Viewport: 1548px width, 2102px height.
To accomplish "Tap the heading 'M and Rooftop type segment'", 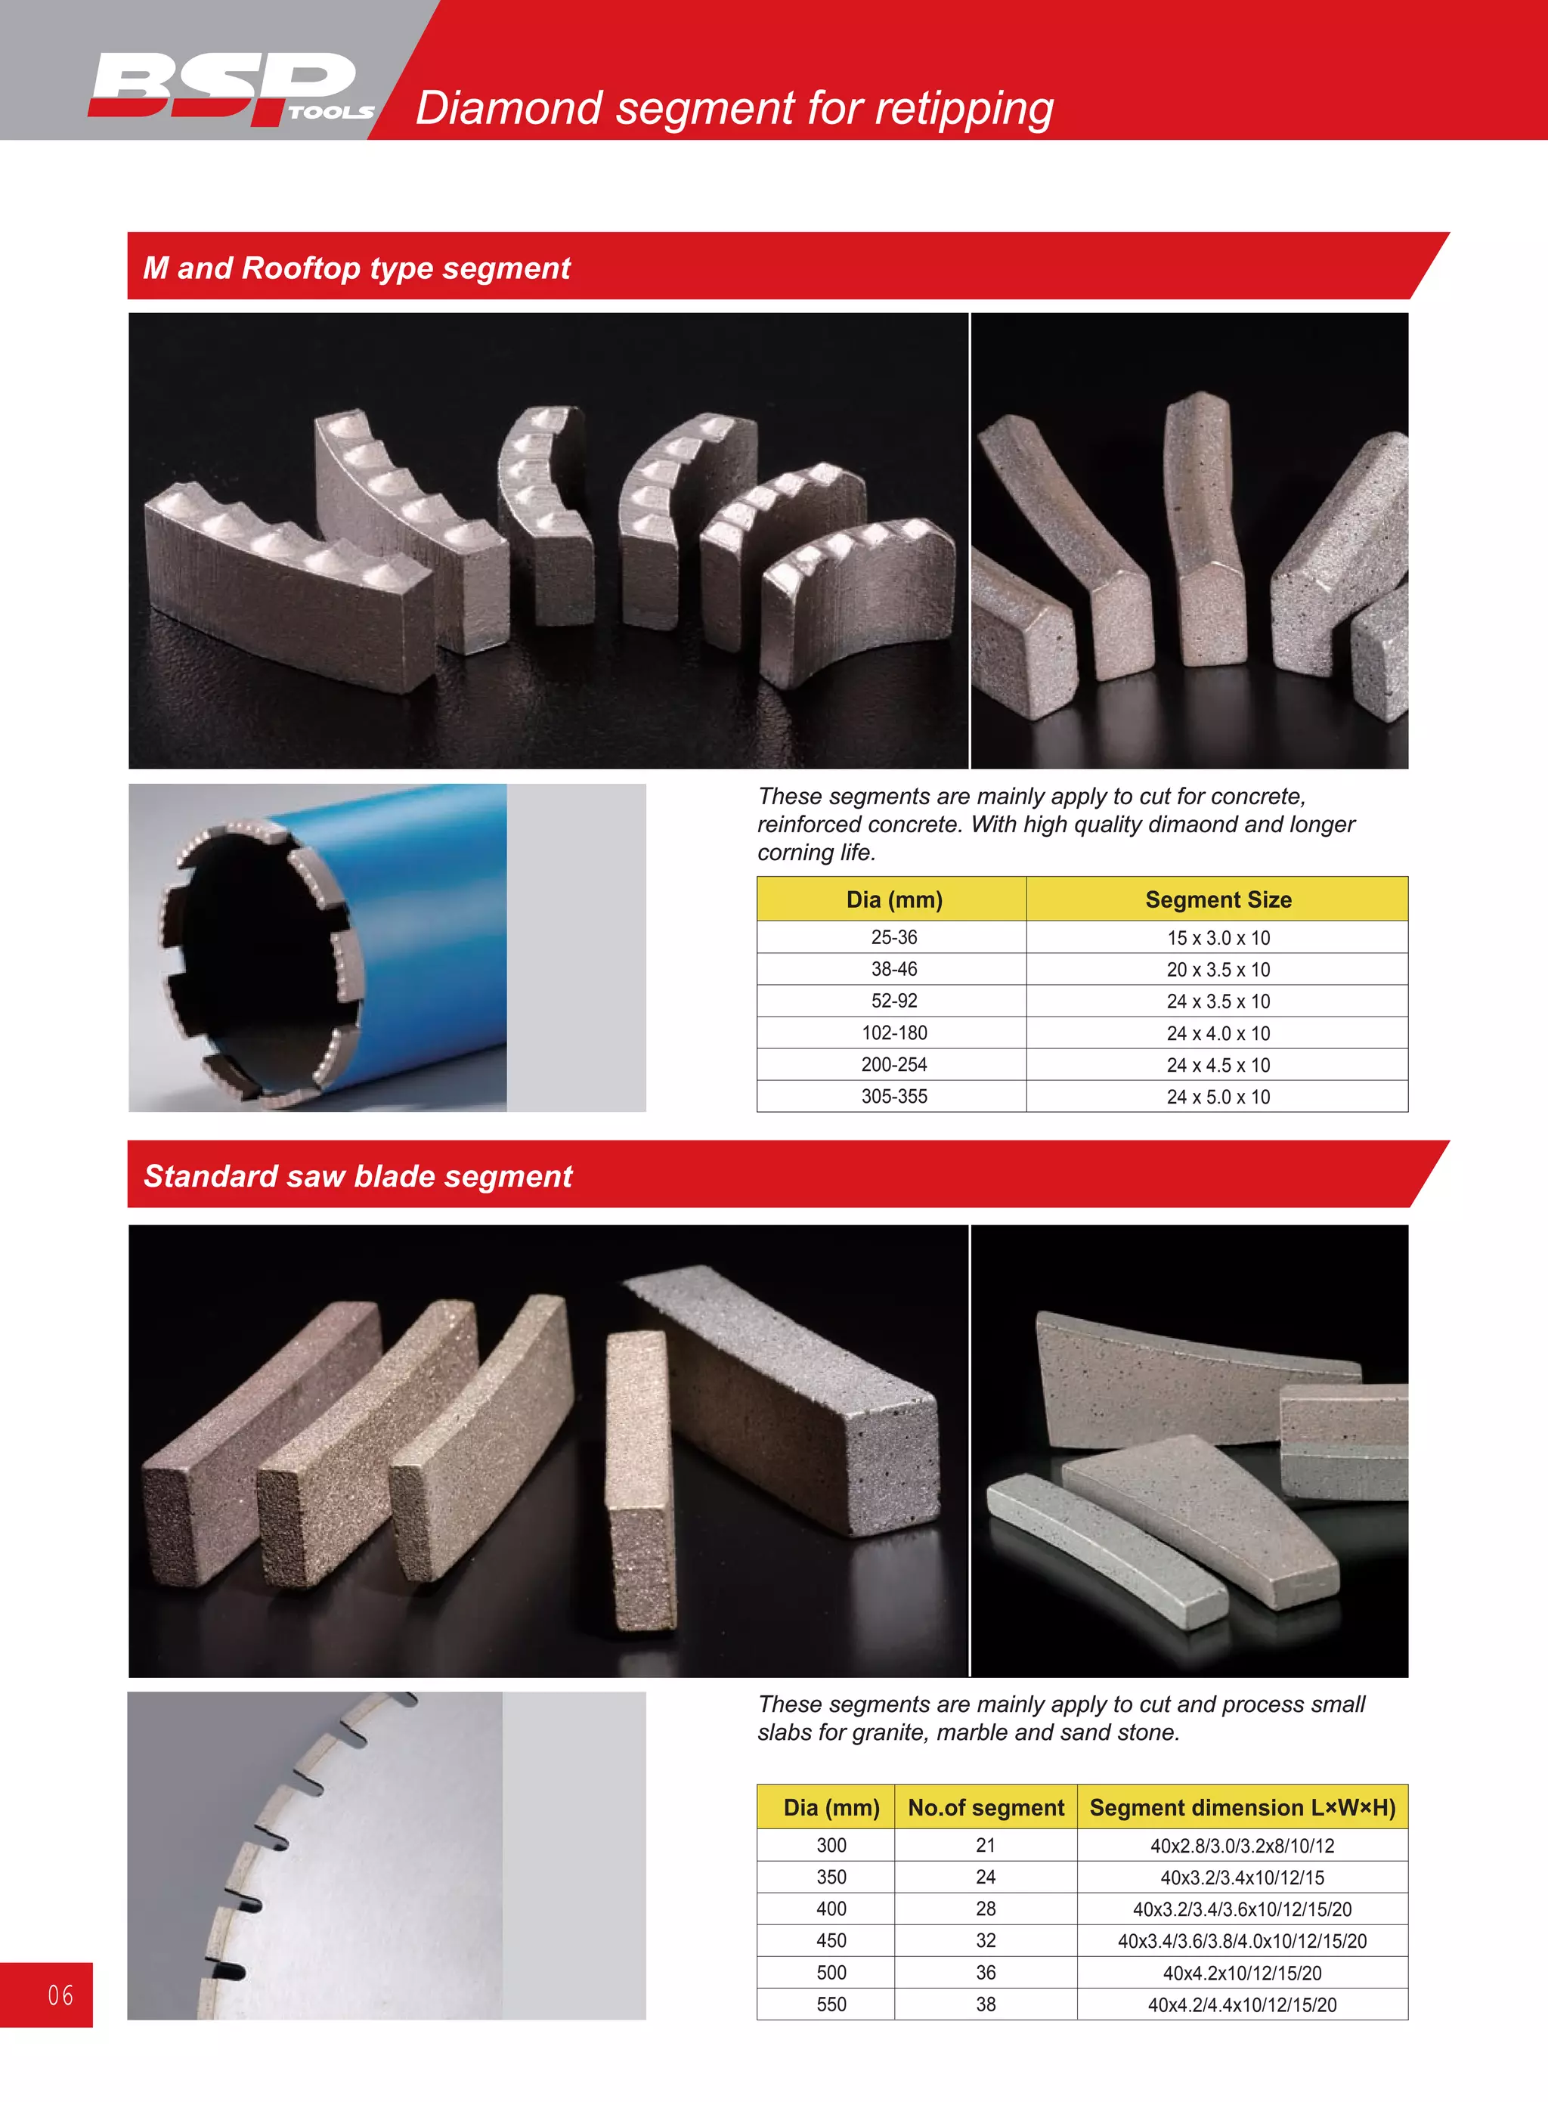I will (x=356, y=268).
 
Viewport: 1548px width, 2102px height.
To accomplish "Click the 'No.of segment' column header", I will (x=986, y=1808).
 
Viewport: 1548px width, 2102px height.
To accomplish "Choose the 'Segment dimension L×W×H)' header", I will (x=1242, y=1808).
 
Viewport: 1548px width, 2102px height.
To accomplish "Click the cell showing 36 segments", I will (x=986, y=1973).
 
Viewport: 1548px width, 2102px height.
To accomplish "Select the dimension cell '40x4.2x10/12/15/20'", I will (x=1242, y=1973).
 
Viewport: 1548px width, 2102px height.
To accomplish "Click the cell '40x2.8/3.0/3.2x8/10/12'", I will (x=1242, y=1845).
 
